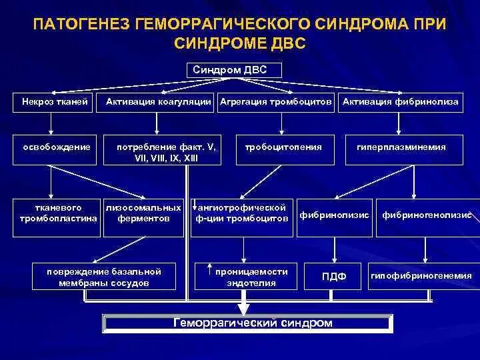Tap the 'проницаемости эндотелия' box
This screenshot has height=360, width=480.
[246, 276]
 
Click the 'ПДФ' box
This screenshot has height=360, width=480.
[334, 276]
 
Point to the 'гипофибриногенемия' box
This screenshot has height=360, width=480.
[421, 276]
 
